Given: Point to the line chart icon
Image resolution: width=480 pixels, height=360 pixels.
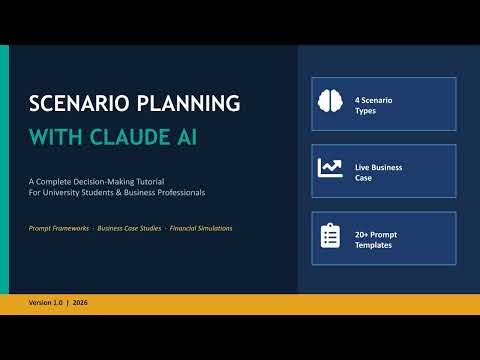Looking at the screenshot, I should [x=330, y=168].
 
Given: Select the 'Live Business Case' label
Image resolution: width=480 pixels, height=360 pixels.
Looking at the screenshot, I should [x=378, y=172].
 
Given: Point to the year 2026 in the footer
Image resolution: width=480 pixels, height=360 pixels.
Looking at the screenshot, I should [x=80, y=302].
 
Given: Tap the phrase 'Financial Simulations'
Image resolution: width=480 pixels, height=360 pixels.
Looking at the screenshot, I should [x=201, y=228].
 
